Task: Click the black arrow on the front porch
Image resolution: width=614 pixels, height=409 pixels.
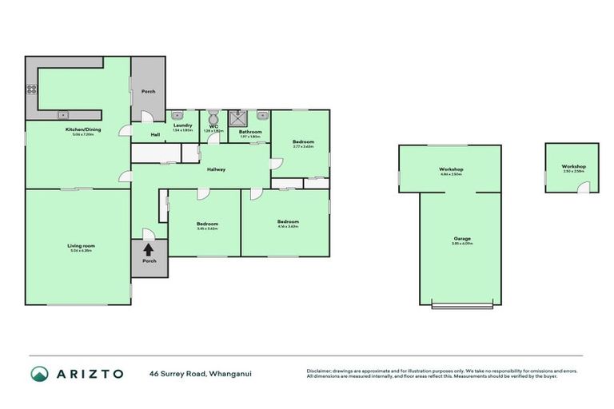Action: click(149, 249)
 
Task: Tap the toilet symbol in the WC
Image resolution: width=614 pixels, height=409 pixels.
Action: click(213, 115)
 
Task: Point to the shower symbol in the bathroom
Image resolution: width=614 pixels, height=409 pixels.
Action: click(237, 119)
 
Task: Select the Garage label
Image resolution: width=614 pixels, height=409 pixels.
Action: click(462, 238)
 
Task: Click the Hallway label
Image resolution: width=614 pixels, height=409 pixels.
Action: click(216, 169)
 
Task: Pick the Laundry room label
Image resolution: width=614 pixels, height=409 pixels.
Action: click(182, 125)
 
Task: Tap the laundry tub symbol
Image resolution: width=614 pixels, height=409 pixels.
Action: click(177, 115)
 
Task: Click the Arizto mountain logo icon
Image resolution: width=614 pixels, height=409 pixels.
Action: click(39, 374)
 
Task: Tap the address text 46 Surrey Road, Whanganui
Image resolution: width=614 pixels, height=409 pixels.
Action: click(200, 374)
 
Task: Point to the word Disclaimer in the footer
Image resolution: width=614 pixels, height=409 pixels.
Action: click(320, 371)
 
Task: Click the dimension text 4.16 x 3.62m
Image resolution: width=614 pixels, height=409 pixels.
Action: click(288, 227)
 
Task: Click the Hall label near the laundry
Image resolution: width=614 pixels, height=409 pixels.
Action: click(156, 134)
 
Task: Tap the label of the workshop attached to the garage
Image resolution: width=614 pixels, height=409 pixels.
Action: click(451, 169)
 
